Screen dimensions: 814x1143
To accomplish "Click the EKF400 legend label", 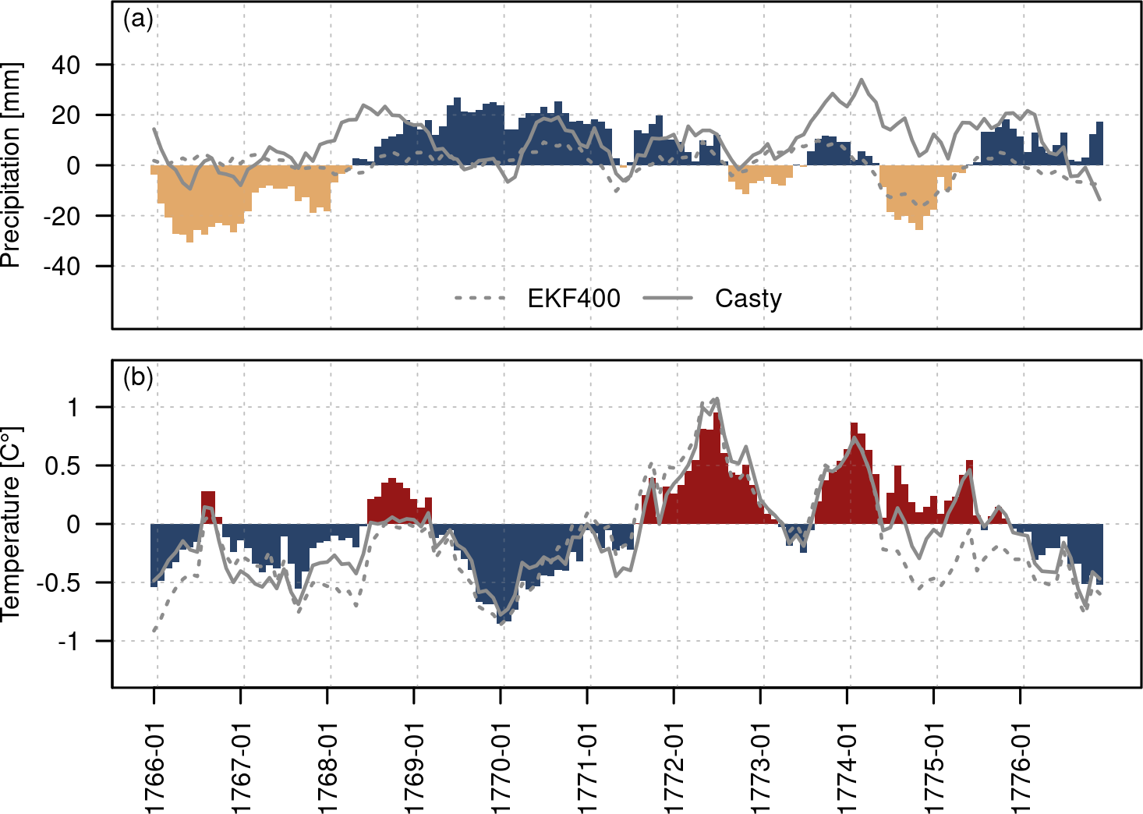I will point(574,299).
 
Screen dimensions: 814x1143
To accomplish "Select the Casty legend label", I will point(748,299).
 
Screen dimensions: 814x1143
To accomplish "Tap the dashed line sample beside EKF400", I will point(480,298).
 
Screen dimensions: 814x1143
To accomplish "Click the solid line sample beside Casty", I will point(668,298).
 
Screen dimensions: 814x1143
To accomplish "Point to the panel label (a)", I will point(138,19).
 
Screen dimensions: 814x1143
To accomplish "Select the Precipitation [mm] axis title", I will point(11,165).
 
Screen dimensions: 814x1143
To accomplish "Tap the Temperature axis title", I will point(11,523).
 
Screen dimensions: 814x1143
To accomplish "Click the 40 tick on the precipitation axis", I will point(65,65).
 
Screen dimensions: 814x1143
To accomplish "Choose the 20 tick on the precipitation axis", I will point(65,115).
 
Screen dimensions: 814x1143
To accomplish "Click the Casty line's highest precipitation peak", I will point(861,80).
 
